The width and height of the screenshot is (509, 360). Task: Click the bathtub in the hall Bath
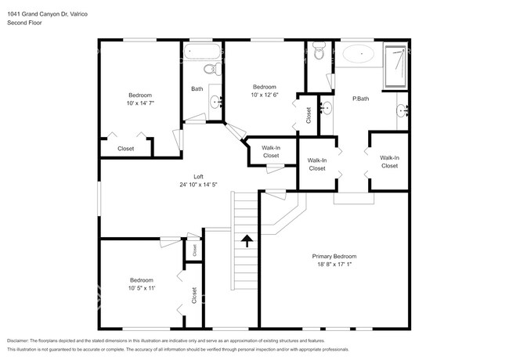click(202, 53)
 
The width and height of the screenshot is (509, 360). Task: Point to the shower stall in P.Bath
click(395, 66)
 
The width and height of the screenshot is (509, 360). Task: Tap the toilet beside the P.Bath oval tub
click(318, 53)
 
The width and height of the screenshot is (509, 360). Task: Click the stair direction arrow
click(247, 241)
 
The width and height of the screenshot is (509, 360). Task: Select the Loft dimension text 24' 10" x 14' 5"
click(198, 185)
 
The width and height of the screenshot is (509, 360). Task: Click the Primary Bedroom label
click(334, 256)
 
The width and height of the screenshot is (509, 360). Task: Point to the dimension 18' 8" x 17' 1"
click(334, 265)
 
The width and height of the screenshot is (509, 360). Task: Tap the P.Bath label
click(361, 98)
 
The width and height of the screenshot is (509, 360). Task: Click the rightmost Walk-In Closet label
click(389, 161)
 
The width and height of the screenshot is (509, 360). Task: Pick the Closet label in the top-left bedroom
click(125, 148)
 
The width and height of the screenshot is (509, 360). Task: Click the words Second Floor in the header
click(24, 23)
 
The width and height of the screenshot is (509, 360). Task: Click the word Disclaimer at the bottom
click(23, 341)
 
